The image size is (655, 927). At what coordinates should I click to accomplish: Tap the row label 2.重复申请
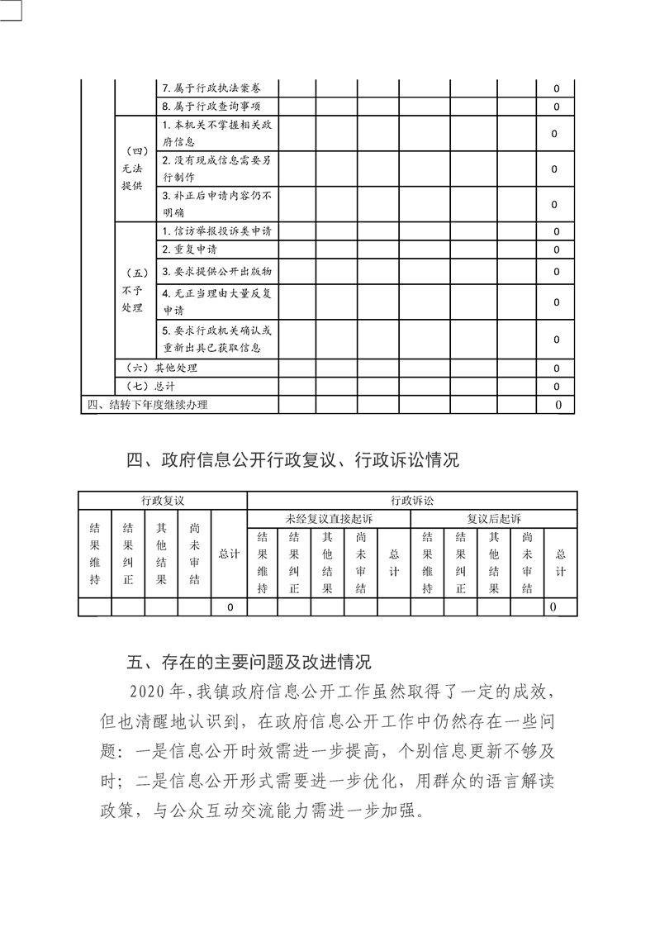(x=190, y=250)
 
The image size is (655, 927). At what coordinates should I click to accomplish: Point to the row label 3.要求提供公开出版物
(x=218, y=271)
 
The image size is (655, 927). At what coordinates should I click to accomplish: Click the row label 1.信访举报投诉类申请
(x=218, y=231)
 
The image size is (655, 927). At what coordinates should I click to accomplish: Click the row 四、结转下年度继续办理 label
(x=148, y=405)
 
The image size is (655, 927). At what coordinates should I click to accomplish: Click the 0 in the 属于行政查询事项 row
(x=556, y=107)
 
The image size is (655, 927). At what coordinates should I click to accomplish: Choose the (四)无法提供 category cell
(x=132, y=169)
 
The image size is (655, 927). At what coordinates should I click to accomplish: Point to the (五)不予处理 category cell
(x=132, y=290)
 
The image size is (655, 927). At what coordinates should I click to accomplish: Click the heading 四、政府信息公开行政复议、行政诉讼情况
(x=293, y=461)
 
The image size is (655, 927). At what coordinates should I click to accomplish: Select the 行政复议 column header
(x=162, y=501)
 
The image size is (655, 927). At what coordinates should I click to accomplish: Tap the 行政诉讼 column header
(x=411, y=501)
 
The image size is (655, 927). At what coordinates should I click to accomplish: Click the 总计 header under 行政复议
(x=229, y=554)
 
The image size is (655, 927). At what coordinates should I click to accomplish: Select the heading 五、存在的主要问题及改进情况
(x=249, y=662)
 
